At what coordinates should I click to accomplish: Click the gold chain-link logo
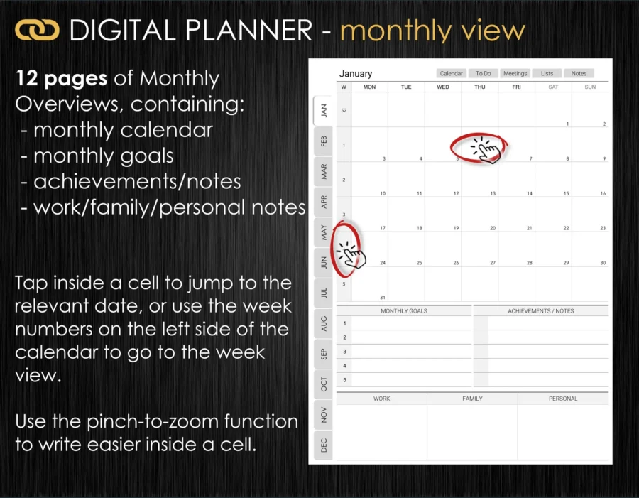[x=37, y=31]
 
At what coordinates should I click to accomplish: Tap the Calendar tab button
[x=451, y=73]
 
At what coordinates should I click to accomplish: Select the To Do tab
[x=483, y=73]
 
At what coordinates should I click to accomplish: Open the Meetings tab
[x=515, y=73]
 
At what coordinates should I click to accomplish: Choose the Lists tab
[x=547, y=73]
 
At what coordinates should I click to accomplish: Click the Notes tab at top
[x=579, y=73]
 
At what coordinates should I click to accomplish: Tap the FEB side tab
[x=324, y=141]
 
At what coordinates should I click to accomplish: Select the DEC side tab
[x=324, y=445]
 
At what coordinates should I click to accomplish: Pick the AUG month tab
[x=324, y=323]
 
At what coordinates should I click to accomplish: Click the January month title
[x=356, y=74]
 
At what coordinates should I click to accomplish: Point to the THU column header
[x=480, y=87]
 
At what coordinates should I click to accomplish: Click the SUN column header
[x=590, y=87]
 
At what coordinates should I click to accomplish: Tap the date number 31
[x=382, y=298]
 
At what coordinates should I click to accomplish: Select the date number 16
[x=603, y=193]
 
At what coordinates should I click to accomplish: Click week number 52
[x=344, y=111]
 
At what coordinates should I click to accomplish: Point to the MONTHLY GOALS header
[x=404, y=310]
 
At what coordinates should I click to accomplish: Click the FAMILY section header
[x=472, y=399]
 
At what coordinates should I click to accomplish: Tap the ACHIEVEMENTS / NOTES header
[x=541, y=310]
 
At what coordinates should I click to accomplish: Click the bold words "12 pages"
[x=61, y=78]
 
